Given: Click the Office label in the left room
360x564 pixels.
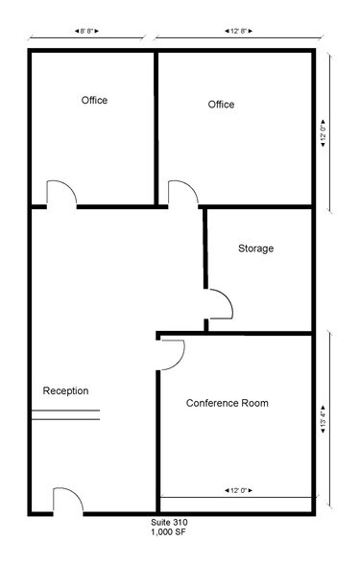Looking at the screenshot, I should (94, 101).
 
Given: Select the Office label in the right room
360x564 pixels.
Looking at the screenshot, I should (221, 105).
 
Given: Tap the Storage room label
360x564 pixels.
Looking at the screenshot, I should (255, 248).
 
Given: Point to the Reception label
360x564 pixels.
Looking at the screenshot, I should (65, 390).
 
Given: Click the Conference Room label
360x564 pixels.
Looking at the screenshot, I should (227, 404).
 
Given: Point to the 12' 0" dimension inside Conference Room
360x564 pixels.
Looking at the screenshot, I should (236, 490).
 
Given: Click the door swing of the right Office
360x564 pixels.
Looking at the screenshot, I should (182, 193).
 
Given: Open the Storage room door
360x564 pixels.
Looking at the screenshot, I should (219, 305).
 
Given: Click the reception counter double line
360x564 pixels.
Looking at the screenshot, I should (65, 415).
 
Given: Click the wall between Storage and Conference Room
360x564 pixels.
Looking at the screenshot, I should (259, 333).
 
